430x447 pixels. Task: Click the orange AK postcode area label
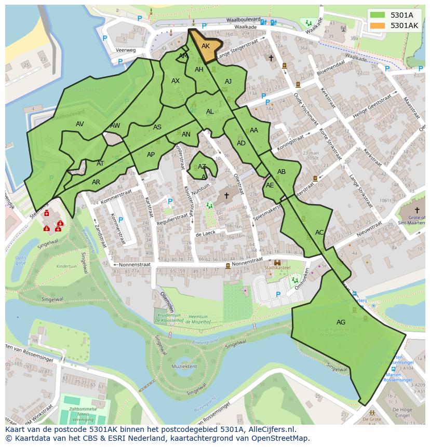(x=206, y=46)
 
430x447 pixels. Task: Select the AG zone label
(x=341, y=322)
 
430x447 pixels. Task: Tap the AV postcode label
(x=79, y=124)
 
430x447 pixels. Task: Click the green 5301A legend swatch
(x=378, y=15)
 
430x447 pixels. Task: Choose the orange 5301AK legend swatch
(x=378, y=25)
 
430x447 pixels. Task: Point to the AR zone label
(x=96, y=182)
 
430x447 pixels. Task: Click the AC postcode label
(x=319, y=233)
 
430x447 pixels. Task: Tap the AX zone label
(x=176, y=81)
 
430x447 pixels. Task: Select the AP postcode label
(x=151, y=155)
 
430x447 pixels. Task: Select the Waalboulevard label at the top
(x=239, y=20)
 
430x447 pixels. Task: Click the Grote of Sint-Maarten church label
(x=413, y=220)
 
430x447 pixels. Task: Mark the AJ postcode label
(x=228, y=82)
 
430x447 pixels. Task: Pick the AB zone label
(x=281, y=172)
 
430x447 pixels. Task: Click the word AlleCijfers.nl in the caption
(x=271, y=429)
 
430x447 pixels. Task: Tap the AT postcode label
(x=100, y=164)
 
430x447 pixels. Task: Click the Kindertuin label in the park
(x=66, y=266)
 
